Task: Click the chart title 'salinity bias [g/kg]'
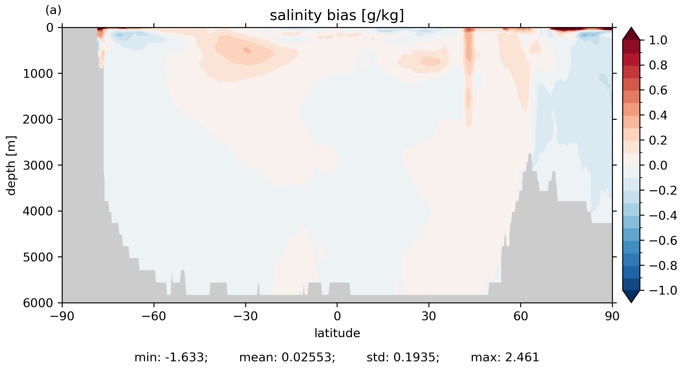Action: click(337, 15)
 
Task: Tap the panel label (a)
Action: click(53, 10)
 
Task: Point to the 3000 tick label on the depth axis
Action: click(38, 165)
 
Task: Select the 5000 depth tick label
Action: click(38, 257)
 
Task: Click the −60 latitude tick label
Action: click(154, 316)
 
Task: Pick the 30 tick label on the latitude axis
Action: click(429, 316)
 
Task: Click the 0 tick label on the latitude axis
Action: click(337, 316)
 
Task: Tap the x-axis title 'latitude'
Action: click(337, 333)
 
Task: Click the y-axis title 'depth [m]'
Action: click(11, 165)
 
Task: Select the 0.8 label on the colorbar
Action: click(658, 66)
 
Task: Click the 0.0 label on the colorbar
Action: click(658, 165)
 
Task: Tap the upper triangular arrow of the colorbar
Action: click(631, 34)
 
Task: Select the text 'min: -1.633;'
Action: click(171, 358)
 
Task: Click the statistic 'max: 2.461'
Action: click(505, 358)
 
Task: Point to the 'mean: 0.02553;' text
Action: click(287, 358)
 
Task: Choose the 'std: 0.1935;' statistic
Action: click(403, 358)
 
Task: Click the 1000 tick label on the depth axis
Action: click(38, 74)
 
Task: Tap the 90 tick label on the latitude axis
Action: click(612, 316)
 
